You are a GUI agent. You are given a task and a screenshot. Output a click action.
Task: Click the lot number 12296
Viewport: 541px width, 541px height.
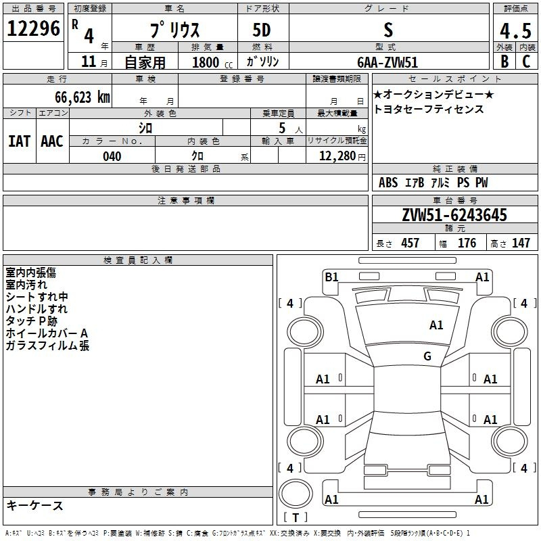pyautogui.click(x=33, y=28)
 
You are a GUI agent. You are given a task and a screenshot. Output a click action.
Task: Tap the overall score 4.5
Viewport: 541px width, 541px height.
pyautogui.click(x=515, y=30)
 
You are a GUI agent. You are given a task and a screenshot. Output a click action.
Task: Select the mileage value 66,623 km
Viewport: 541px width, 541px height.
pyautogui.click(x=83, y=97)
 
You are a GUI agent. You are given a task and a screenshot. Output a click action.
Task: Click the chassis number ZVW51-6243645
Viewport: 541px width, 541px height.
pyautogui.click(x=454, y=215)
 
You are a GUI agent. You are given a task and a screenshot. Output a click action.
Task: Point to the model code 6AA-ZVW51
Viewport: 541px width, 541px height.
pyautogui.click(x=387, y=62)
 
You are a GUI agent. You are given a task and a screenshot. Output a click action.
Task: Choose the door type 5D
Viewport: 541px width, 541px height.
pyautogui.click(x=262, y=30)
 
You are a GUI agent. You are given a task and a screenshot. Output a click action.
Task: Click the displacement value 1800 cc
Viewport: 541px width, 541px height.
pyautogui.click(x=212, y=62)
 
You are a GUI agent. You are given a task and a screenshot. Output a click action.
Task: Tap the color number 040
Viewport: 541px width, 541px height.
pyautogui.click(x=112, y=156)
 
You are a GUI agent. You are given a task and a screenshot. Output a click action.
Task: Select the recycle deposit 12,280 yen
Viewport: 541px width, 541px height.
pyautogui.click(x=342, y=156)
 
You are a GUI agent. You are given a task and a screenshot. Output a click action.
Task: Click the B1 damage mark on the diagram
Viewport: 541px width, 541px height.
pyautogui.click(x=331, y=277)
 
